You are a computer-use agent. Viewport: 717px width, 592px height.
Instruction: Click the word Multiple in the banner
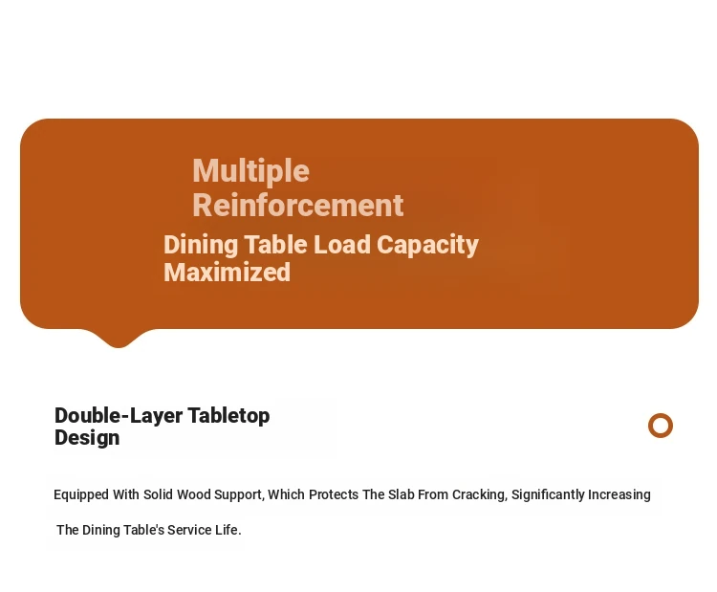[x=251, y=172]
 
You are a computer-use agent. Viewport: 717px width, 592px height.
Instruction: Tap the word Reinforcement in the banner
[x=298, y=205]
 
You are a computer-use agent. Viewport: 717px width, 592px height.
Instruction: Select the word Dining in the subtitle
[x=201, y=246]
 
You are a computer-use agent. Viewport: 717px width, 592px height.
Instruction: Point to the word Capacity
[x=427, y=246]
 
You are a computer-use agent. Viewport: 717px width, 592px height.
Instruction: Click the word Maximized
[x=227, y=273]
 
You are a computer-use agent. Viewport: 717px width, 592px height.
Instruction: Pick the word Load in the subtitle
[x=342, y=244]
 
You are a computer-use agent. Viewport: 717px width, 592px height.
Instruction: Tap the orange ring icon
[x=661, y=426]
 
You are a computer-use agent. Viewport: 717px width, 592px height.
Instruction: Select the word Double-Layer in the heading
[x=119, y=416]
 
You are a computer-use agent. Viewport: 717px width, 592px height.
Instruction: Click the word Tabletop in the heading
[x=228, y=416]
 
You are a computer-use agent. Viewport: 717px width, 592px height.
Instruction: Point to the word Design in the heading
[x=87, y=438]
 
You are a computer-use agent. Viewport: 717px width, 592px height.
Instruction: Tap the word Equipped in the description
[x=81, y=495]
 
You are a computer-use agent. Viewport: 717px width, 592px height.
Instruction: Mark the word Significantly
[x=548, y=495]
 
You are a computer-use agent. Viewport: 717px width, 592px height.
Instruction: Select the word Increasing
[x=619, y=495]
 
